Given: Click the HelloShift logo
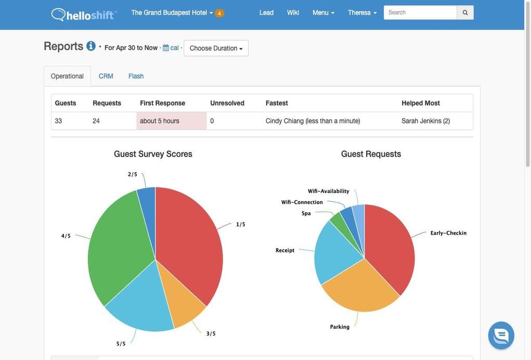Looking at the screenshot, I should tap(84, 14).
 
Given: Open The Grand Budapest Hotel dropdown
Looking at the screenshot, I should tap(172, 12).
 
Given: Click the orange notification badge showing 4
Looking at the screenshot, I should tap(219, 13).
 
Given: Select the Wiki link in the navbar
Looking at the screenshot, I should tap(293, 12).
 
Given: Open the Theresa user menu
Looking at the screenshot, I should tap(362, 12).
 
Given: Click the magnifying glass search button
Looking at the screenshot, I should tap(465, 12).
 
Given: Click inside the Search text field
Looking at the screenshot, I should tap(420, 12).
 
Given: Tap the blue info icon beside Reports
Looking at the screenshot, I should tap(91, 46).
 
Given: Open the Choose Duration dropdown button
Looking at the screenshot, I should tap(216, 48).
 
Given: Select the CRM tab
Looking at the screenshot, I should tap(106, 76).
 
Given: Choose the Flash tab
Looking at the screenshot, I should tap(136, 76).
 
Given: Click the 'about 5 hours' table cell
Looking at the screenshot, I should tap(160, 121).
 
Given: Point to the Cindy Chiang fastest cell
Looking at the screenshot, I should tap(313, 121).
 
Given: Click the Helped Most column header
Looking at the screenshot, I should tap(420, 103).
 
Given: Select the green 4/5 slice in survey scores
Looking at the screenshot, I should tap(117, 239).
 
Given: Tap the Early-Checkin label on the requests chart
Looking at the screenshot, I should tap(448, 233).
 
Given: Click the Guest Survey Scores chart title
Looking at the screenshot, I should tap(153, 154).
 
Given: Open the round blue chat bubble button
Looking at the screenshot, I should tap(501, 336).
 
